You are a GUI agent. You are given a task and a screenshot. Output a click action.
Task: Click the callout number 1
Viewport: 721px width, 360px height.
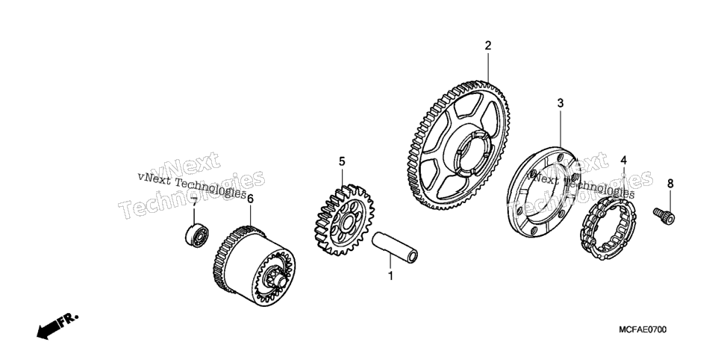point(391,276)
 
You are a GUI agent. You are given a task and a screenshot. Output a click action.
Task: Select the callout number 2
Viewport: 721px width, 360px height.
point(488,46)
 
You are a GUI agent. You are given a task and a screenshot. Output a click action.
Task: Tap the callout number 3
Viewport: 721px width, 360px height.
point(560,103)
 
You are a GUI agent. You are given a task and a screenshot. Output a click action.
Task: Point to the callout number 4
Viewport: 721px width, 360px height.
point(624,160)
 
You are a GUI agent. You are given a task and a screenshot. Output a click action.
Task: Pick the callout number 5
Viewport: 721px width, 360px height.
point(342,161)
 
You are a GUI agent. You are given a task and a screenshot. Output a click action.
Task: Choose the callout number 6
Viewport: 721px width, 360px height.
point(250,199)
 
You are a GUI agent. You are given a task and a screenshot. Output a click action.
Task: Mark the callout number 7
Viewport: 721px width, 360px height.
point(194,203)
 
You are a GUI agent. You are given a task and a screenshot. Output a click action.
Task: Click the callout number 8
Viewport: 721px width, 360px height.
point(670,184)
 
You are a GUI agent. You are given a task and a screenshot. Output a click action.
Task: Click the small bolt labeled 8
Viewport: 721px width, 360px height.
point(664,215)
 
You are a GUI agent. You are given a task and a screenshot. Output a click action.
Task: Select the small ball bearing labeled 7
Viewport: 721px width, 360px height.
point(197,235)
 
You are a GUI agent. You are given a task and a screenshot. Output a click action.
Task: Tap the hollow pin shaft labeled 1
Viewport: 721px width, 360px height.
point(395,248)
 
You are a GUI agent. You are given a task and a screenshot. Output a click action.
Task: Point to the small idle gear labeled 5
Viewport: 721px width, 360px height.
point(344,220)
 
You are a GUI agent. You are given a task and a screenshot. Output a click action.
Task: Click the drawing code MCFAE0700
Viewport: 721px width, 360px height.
point(643,329)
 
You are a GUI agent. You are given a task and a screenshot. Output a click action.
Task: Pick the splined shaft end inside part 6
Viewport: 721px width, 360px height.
point(277,280)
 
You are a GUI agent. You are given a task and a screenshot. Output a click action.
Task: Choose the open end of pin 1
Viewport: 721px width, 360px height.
point(413,257)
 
